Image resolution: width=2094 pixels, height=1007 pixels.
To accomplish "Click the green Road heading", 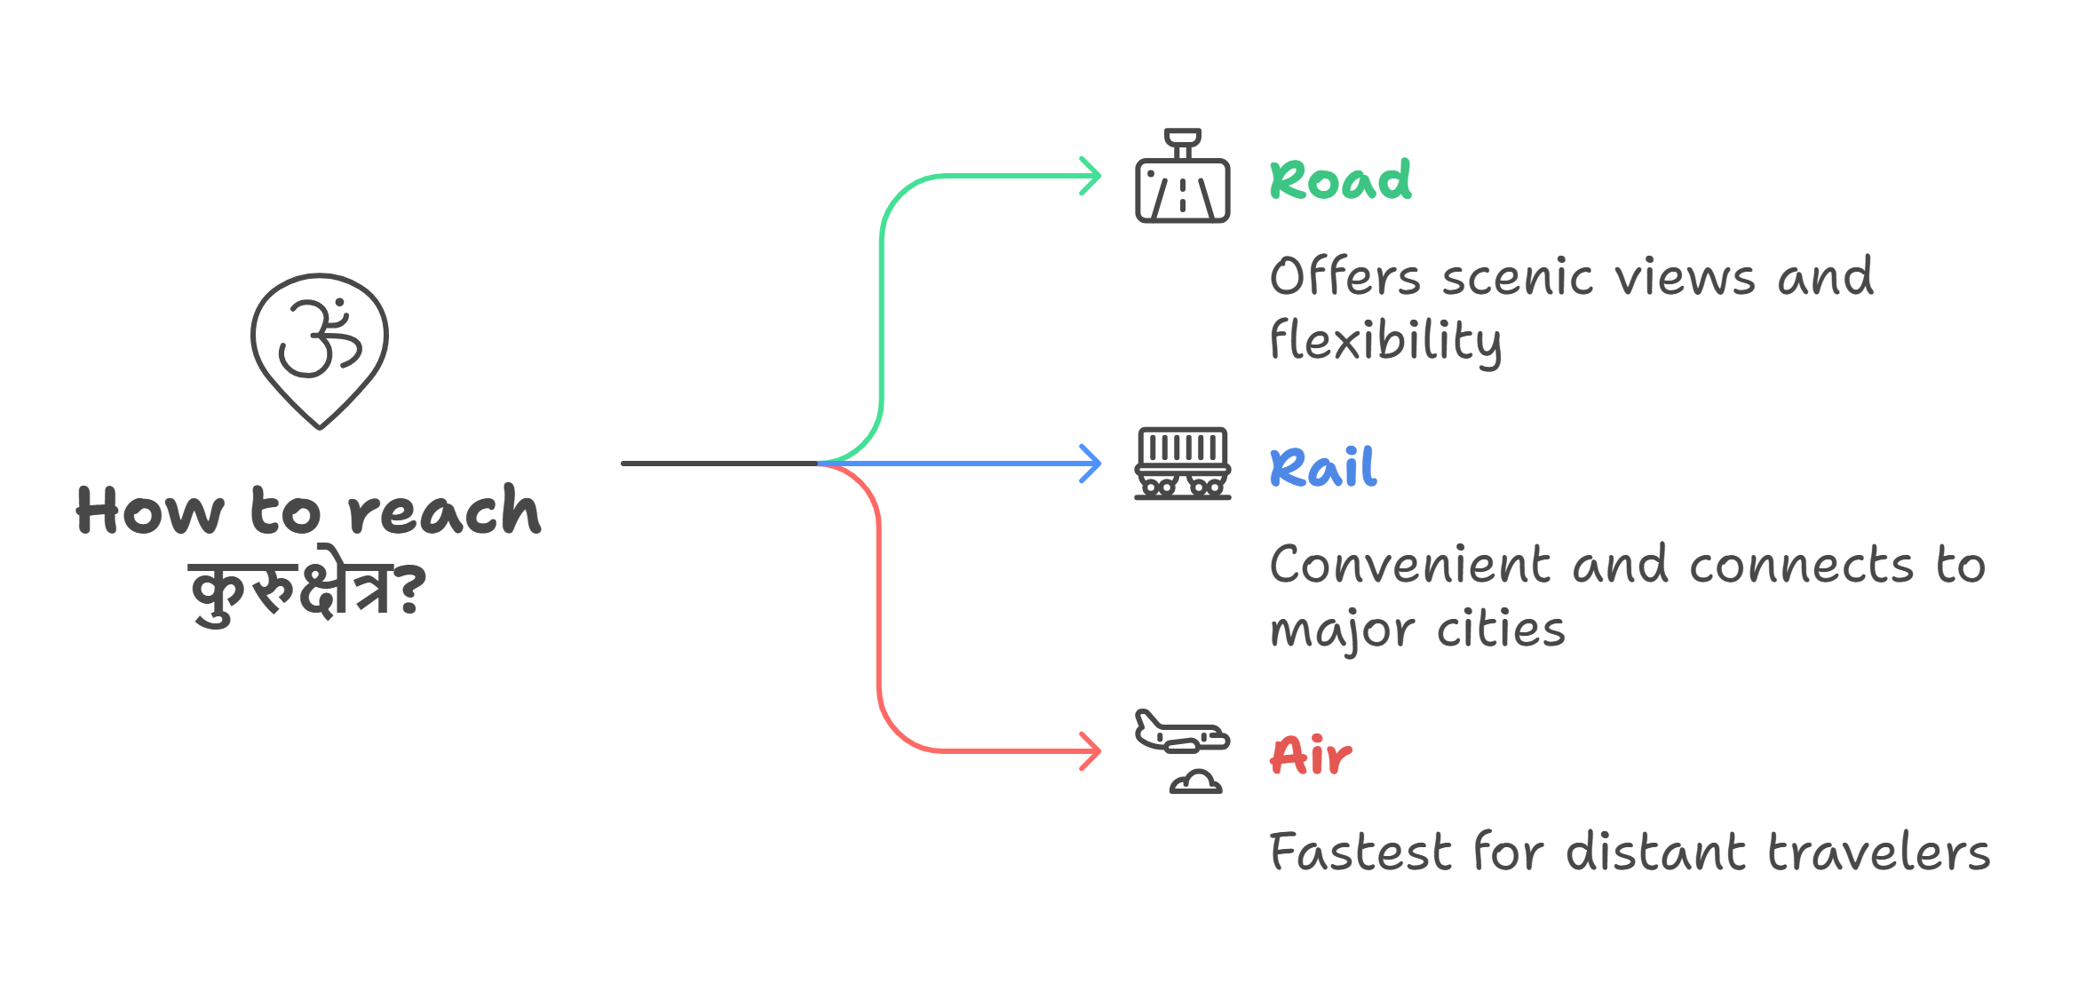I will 1340,180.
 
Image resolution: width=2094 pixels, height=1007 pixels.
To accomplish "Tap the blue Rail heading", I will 1323,468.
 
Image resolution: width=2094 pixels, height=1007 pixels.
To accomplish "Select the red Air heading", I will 1311,756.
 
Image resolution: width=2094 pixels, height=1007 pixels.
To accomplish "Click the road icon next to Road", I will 1182,178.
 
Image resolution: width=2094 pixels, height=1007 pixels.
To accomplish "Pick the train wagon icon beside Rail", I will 1182,464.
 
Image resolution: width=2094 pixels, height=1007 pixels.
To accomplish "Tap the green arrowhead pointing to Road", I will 1091,176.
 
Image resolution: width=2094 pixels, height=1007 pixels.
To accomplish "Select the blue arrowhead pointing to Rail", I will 1091,464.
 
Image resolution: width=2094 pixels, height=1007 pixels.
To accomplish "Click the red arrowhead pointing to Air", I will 1091,751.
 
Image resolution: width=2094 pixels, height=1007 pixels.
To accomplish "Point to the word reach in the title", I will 443,511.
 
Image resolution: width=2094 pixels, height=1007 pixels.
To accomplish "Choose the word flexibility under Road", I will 1385,341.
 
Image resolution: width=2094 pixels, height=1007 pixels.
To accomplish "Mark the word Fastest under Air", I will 1360,852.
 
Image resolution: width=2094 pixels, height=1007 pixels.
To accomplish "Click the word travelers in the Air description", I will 1879,852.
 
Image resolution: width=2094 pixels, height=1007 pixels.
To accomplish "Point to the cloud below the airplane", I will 1195,782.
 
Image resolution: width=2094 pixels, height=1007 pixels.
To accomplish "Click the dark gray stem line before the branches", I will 719,464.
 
